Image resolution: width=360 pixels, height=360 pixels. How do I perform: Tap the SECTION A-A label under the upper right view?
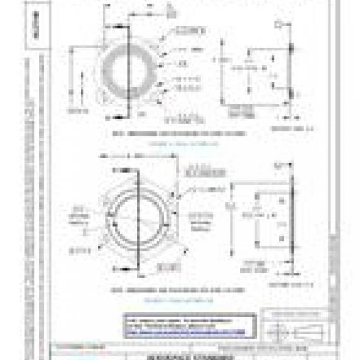pos(282,128)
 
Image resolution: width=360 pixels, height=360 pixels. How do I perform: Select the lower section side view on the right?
pos(265,218)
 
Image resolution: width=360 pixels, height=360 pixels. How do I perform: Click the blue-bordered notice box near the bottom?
pos(189,325)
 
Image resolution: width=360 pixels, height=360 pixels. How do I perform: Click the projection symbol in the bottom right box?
pos(296,333)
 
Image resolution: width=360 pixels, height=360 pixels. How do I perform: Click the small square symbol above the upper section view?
pos(278,25)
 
